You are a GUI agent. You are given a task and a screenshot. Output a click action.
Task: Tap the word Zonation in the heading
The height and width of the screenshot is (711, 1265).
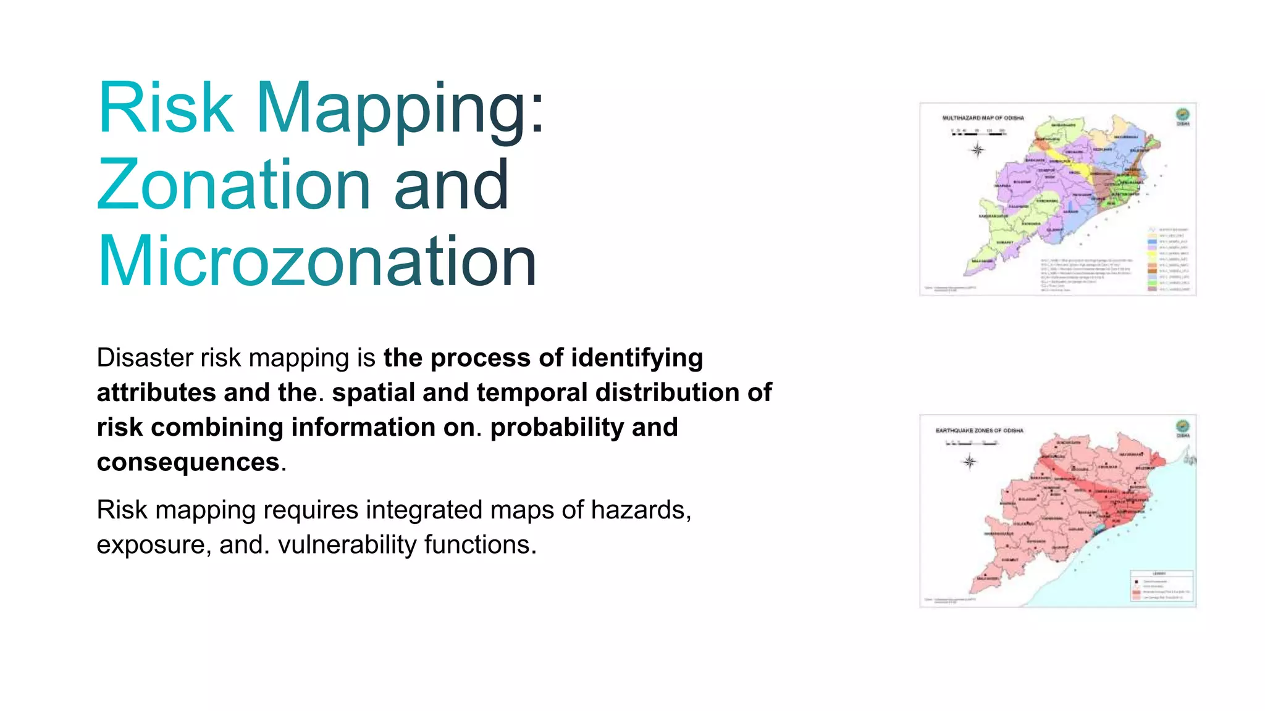tap(233, 185)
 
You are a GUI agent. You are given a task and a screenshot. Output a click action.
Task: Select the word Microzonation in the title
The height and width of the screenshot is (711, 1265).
tap(316, 262)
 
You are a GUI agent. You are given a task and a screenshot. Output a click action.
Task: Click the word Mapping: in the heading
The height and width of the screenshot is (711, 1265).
tap(400, 110)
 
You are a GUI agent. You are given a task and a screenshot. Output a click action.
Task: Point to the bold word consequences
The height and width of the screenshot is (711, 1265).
tap(188, 462)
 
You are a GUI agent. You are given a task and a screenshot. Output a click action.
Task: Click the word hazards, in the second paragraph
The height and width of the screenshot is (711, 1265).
tap(641, 510)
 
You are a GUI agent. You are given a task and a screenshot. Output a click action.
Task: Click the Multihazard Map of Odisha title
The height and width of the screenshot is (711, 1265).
tap(983, 118)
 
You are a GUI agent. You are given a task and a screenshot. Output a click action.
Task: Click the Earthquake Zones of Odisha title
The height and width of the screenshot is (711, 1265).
tap(979, 430)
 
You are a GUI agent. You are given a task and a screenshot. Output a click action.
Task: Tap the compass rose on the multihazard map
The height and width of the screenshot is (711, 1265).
tap(977, 150)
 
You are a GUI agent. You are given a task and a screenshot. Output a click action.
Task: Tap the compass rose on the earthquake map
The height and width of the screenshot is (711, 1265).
tap(970, 462)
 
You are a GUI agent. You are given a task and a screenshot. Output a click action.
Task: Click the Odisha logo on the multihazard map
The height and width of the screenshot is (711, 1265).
tap(1182, 114)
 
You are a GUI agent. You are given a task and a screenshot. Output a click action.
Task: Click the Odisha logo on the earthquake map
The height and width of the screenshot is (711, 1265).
tap(1182, 426)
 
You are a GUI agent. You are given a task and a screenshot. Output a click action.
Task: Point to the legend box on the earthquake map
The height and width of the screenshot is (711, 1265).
tap(1161, 586)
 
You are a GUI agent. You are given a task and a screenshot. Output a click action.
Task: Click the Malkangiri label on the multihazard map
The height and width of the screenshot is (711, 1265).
tap(983, 261)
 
